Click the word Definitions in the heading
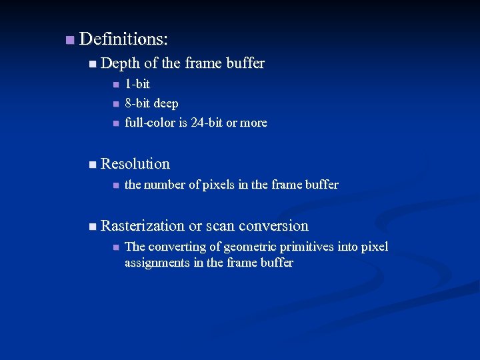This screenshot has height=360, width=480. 123,39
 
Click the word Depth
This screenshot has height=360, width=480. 120,63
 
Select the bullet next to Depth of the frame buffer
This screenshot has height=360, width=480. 92,64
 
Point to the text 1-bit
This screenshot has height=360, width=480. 137,84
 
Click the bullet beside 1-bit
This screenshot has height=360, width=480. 115,85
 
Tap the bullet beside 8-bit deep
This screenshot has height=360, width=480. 115,104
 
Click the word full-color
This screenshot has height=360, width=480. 150,123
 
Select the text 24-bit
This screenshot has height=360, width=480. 203,123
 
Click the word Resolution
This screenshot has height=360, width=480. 135,163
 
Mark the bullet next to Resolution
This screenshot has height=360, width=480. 92,164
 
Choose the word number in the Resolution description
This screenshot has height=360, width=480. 166,185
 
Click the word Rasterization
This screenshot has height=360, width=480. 143,225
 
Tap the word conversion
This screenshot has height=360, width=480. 273,225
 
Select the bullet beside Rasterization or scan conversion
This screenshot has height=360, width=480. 92,227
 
